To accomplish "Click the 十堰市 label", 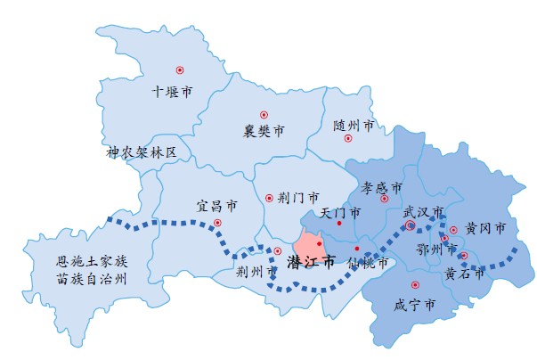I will point(172,91).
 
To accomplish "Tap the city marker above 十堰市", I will point(179,70).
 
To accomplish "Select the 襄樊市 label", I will point(264,132).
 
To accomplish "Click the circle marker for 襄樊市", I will point(264,114).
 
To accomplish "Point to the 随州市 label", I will point(354,126).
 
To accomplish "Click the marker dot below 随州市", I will point(348,138).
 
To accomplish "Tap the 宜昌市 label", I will point(216,206).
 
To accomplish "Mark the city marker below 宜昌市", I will point(217,223).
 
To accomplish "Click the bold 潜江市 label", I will point(311,263).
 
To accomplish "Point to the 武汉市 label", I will point(423,212).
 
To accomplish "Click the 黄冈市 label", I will point(484,229).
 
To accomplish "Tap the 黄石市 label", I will point(465,274).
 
